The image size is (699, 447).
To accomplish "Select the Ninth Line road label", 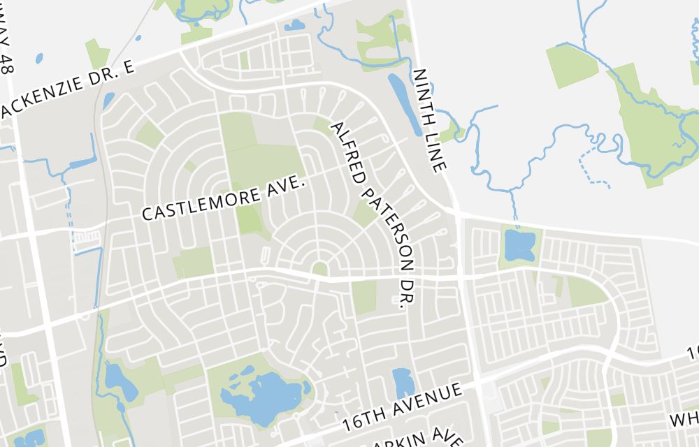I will point(429,120).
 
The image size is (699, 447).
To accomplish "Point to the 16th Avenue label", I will point(403,406).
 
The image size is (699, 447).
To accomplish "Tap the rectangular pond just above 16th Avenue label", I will point(403,383).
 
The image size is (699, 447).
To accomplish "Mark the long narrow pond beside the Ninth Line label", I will point(404,105).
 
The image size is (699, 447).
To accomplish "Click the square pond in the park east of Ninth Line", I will point(519,244).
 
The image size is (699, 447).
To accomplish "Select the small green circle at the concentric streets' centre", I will point(319,268).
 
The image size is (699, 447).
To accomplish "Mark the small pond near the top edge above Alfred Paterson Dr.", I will point(294,26).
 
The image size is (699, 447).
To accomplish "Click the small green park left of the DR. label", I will point(364,297).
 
